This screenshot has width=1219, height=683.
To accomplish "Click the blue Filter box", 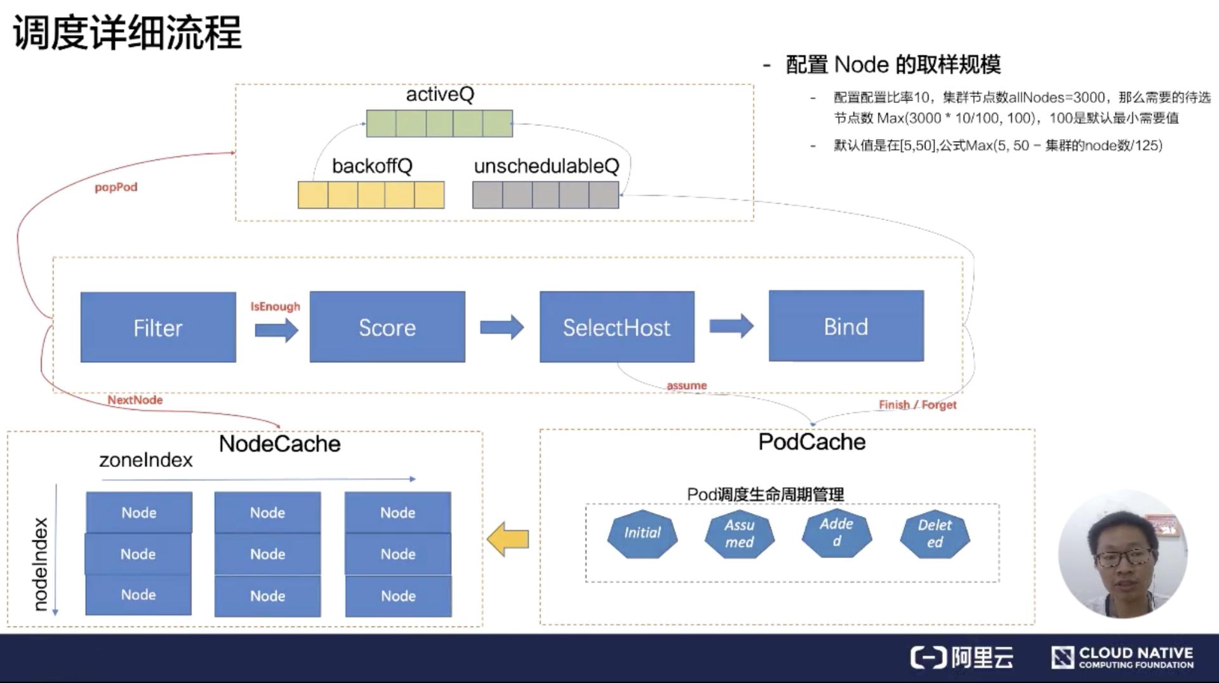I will click(158, 328).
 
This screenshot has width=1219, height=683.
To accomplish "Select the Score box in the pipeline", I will click(387, 328).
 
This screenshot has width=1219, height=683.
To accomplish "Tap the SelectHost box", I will click(616, 328).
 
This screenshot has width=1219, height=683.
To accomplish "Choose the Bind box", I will click(846, 327).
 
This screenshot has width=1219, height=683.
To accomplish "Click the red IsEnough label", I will click(275, 307).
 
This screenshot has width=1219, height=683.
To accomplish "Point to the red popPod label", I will click(116, 187).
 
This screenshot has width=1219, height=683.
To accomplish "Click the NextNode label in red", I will click(135, 400).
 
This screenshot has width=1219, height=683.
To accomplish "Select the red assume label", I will click(686, 385).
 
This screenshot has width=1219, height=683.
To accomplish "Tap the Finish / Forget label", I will click(917, 404).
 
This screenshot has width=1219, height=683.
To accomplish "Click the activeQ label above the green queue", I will click(440, 95).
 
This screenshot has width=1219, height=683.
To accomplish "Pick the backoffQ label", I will click(372, 166).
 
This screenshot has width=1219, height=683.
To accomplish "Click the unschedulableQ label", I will click(546, 166).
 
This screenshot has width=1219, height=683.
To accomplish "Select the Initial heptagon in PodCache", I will click(642, 533).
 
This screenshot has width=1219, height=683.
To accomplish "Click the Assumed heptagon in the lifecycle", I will click(739, 534).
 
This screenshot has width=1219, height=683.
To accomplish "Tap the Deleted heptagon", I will click(935, 534).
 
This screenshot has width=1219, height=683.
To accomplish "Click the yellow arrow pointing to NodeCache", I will click(508, 539).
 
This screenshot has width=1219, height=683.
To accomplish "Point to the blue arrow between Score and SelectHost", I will click(502, 327).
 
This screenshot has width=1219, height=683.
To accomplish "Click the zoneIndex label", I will click(145, 460).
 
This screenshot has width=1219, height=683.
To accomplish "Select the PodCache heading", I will click(811, 442).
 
